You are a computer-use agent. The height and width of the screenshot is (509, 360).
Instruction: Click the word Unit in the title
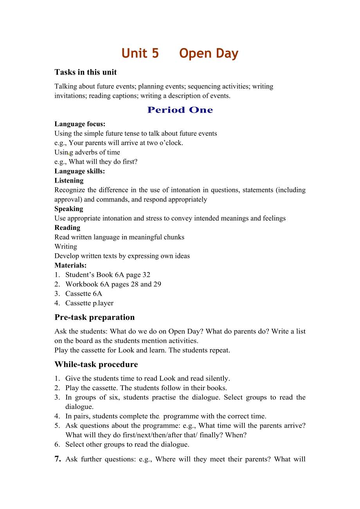[x=135, y=54]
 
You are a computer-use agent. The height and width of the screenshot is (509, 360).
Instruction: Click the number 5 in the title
[x=155, y=54]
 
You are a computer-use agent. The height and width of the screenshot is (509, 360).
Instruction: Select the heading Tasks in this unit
[x=86, y=72]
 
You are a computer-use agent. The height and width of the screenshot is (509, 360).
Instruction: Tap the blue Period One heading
[x=180, y=110]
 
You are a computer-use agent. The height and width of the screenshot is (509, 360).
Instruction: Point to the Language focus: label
[x=80, y=124]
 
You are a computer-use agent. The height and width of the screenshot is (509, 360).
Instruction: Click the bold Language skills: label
[x=79, y=171]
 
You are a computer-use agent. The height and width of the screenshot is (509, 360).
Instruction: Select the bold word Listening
[x=69, y=181]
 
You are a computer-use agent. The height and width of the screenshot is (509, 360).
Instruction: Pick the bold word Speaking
[x=68, y=209]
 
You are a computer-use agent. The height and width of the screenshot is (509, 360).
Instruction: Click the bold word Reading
[x=67, y=228]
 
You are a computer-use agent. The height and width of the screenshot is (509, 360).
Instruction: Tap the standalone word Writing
[x=66, y=247]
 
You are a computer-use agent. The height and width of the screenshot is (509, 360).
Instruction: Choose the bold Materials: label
[x=70, y=265]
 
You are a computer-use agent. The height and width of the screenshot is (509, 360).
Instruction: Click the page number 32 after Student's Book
[x=146, y=275]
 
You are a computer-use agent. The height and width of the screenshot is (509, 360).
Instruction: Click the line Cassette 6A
[x=83, y=294]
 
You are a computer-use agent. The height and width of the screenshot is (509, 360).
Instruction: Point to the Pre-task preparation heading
[x=94, y=317]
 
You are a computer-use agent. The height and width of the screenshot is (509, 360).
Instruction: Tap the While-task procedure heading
[x=96, y=365]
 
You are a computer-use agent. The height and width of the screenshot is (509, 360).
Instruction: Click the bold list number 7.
[x=58, y=459]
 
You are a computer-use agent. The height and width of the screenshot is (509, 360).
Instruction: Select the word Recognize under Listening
[x=70, y=190]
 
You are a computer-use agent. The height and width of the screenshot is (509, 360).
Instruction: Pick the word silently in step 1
[x=217, y=378]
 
